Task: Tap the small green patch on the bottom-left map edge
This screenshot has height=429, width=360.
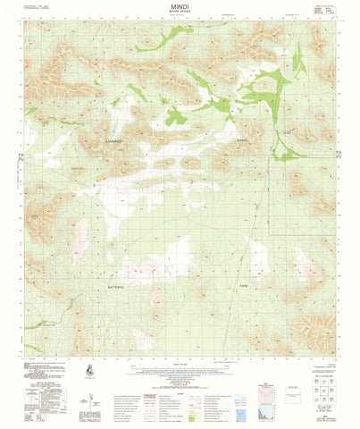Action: click(x=31, y=347)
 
